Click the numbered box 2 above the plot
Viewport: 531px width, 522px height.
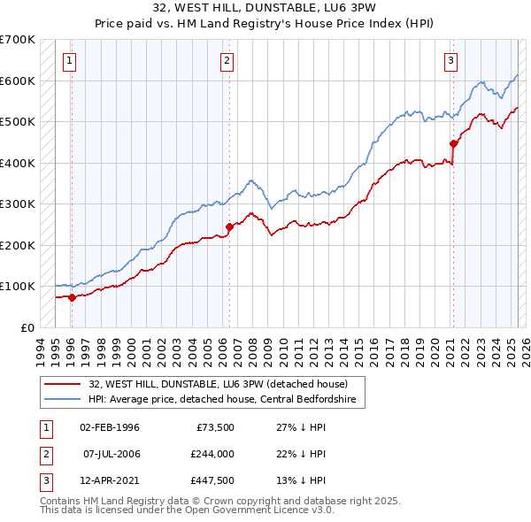tap(227, 61)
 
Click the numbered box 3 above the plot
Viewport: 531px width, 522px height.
tap(451, 61)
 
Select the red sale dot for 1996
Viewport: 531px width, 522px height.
tap(72, 297)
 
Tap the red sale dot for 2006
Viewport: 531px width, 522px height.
tap(229, 226)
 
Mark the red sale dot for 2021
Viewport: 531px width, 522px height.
tap(453, 143)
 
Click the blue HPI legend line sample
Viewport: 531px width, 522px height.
tap(62, 398)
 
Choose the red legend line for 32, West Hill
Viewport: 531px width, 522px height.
tap(62, 384)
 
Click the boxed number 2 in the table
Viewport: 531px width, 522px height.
tap(44, 455)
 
